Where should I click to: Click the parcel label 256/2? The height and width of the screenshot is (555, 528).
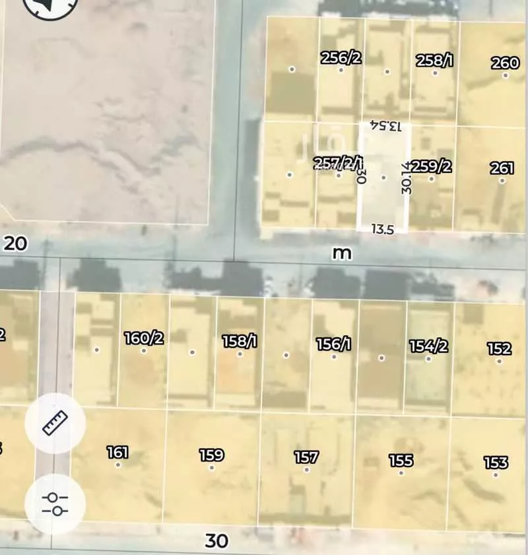click(x=341, y=57)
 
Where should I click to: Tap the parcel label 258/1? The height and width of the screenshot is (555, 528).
click(x=434, y=61)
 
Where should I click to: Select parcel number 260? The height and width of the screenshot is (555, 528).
click(x=505, y=63)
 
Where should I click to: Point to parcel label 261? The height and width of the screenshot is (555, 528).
click(x=502, y=168)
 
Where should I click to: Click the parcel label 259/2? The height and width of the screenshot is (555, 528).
click(x=432, y=166)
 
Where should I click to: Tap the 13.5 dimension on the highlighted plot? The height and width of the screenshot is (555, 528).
click(x=383, y=229)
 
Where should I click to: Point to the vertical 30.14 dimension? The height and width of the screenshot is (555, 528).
click(x=407, y=176)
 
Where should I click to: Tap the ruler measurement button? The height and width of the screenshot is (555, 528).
click(x=55, y=423)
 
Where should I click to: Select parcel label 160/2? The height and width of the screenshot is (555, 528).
click(x=144, y=339)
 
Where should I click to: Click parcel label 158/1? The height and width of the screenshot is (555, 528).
click(x=239, y=341)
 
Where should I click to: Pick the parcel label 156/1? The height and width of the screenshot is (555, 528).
click(x=333, y=344)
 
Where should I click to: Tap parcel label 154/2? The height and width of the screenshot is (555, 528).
click(x=429, y=346)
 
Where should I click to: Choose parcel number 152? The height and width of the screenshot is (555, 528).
click(x=500, y=348)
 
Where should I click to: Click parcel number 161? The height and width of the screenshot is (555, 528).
click(x=117, y=453)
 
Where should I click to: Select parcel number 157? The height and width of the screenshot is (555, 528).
click(x=306, y=457)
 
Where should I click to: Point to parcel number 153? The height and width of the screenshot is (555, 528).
click(x=496, y=462)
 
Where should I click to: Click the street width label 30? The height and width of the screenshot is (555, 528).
click(x=216, y=541)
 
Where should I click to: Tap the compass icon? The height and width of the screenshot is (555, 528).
click(x=50, y=5)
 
